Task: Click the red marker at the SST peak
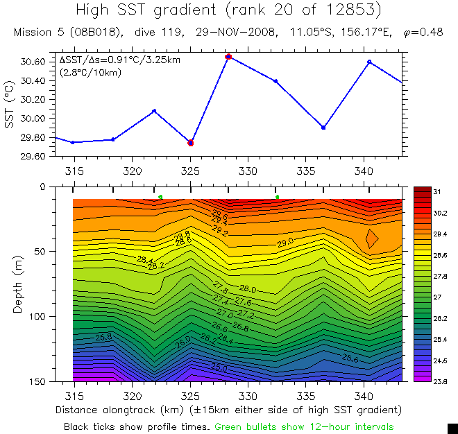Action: [x=228, y=56]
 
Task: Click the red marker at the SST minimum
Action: [x=191, y=143]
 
